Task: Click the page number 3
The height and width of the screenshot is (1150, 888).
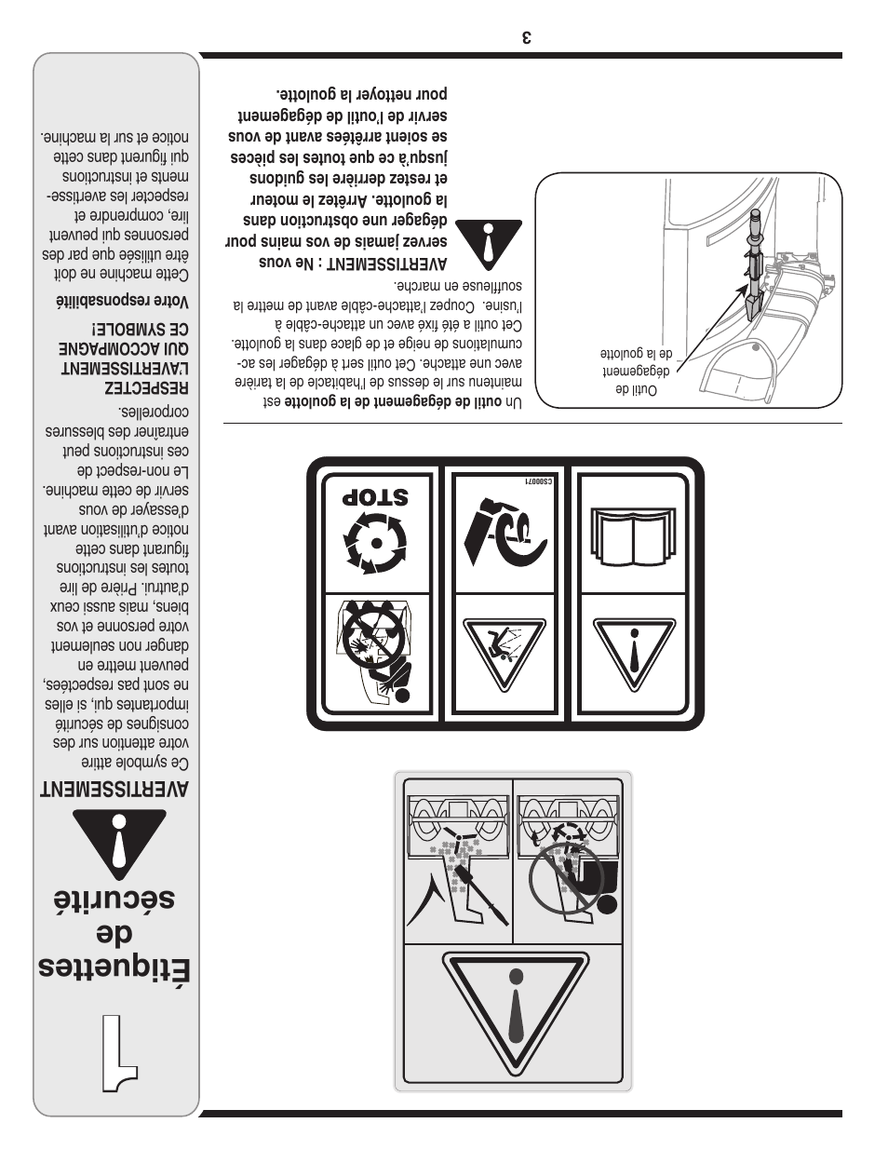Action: (527, 38)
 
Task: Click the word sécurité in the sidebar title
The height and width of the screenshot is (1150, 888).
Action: (113, 900)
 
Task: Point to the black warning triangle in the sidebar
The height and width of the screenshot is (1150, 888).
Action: (119, 844)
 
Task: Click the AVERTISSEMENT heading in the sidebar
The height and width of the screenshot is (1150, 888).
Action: (114, 790)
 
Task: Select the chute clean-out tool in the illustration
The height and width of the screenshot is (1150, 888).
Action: (752, 270)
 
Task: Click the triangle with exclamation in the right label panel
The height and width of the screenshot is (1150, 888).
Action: (634, 653)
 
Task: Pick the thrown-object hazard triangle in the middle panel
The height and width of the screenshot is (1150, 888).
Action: (504, 653)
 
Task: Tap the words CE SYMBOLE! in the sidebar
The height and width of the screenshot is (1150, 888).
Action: (140, 331)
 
